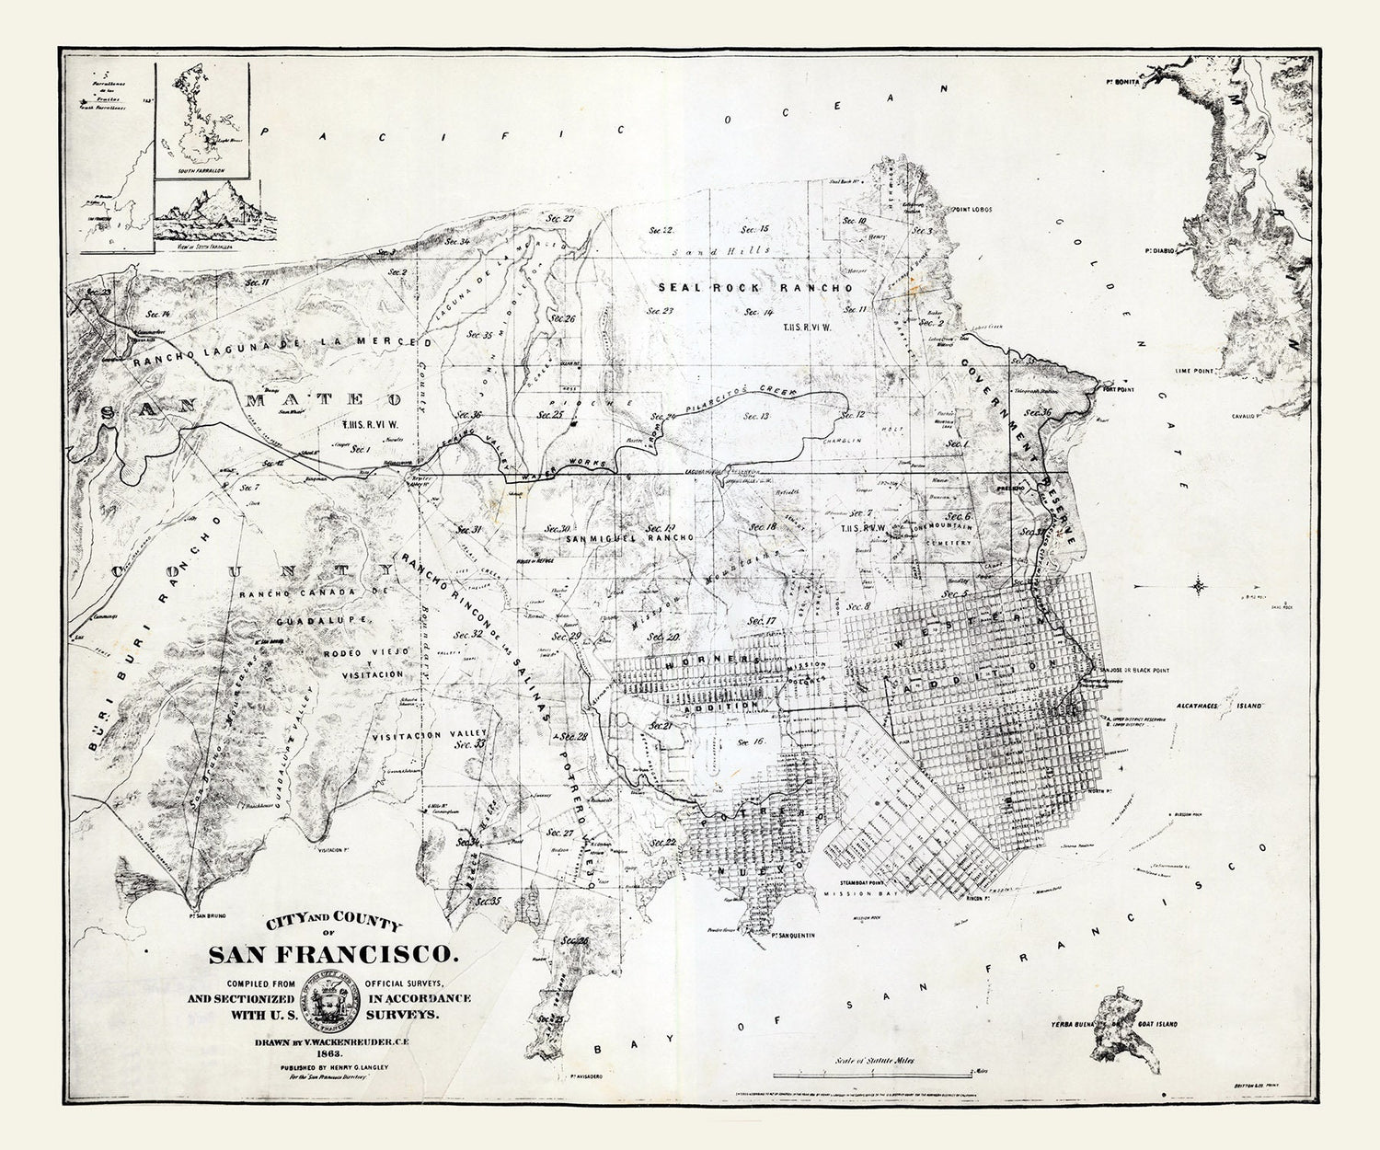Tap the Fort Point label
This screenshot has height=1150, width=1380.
[1119, 390]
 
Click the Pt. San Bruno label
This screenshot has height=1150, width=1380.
[205, 915]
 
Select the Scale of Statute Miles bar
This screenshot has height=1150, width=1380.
[874, 1074]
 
